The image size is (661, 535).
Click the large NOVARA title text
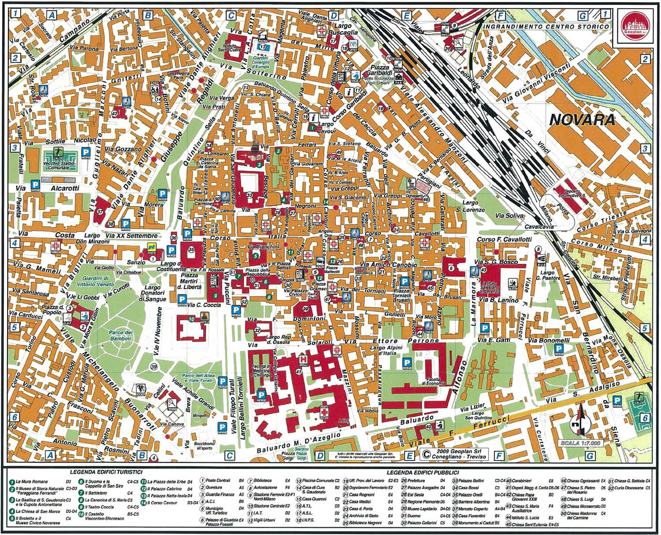click(x=582, y=120)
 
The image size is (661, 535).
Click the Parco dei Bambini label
click(x=121, y=335)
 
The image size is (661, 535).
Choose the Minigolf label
click(x=199, y=415)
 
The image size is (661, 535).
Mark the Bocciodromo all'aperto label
click(x=204, y=446)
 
